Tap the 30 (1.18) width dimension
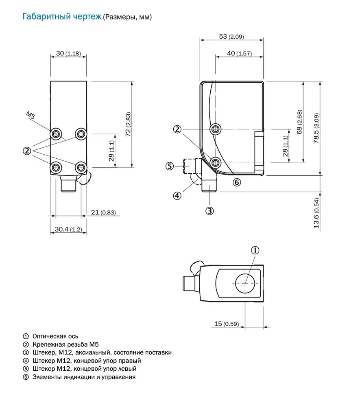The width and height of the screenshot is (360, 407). pos(68,53)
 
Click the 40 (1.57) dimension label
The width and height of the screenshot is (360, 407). pos(239,53)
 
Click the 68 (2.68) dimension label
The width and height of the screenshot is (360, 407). pos(299,122)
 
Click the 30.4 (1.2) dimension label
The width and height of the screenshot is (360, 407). pos(68,230)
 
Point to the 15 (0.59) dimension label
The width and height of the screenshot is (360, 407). pos(227,324)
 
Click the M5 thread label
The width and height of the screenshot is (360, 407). pos(31,115)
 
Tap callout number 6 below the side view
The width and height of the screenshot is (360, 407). pos(237,182)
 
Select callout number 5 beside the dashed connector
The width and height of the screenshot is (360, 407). pos(170,166)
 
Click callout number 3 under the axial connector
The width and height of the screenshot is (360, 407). pos(209,210)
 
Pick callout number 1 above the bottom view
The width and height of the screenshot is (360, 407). pos(255,250)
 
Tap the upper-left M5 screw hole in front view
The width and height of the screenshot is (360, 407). pos(56,133)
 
